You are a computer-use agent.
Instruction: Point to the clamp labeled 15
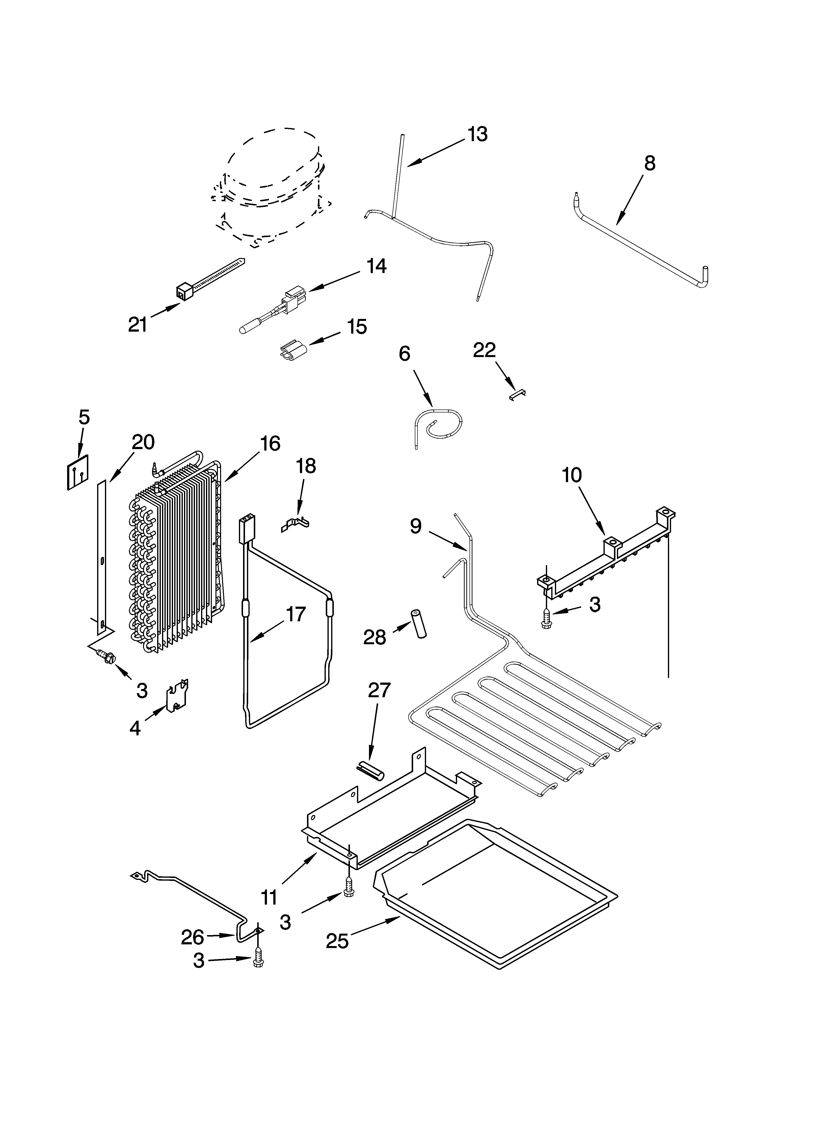click(x=292, y=348)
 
